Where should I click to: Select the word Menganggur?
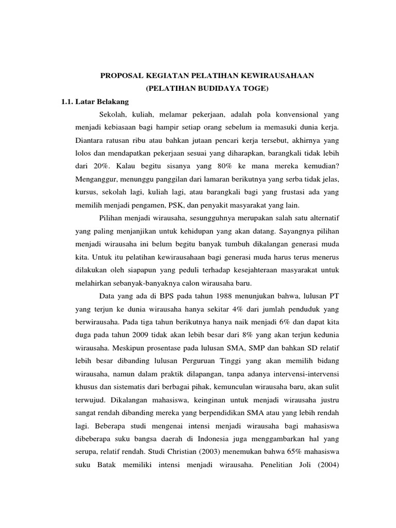96,179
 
